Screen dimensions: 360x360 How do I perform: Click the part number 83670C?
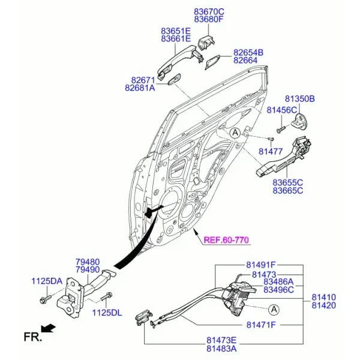click(209, 11)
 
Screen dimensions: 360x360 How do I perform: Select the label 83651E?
click(176, 31)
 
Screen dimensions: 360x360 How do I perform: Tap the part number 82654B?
click(248, 53)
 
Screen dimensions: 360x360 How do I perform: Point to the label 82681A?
click(140, 88)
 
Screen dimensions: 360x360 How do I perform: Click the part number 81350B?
click(300, 99)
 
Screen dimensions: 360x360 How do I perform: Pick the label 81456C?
click(282, 110)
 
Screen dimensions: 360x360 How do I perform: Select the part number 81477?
click(271, 152)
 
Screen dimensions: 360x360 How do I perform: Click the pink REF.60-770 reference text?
click(226, 240)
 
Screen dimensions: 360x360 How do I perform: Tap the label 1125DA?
click(47, 281)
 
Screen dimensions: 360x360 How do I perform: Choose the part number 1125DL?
click(107, 313)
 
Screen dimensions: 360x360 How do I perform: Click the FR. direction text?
click(33, 337)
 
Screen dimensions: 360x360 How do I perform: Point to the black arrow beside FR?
click(48, 328)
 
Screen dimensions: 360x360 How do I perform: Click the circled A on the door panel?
click(235, 133)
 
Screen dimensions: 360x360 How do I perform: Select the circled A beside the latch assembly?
click(274, 310)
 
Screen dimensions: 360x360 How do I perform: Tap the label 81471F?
click(261, 325)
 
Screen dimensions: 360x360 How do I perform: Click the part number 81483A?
click(221, 349)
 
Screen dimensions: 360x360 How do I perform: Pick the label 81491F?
click(261, 265)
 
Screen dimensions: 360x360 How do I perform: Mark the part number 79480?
click(88, 262)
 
